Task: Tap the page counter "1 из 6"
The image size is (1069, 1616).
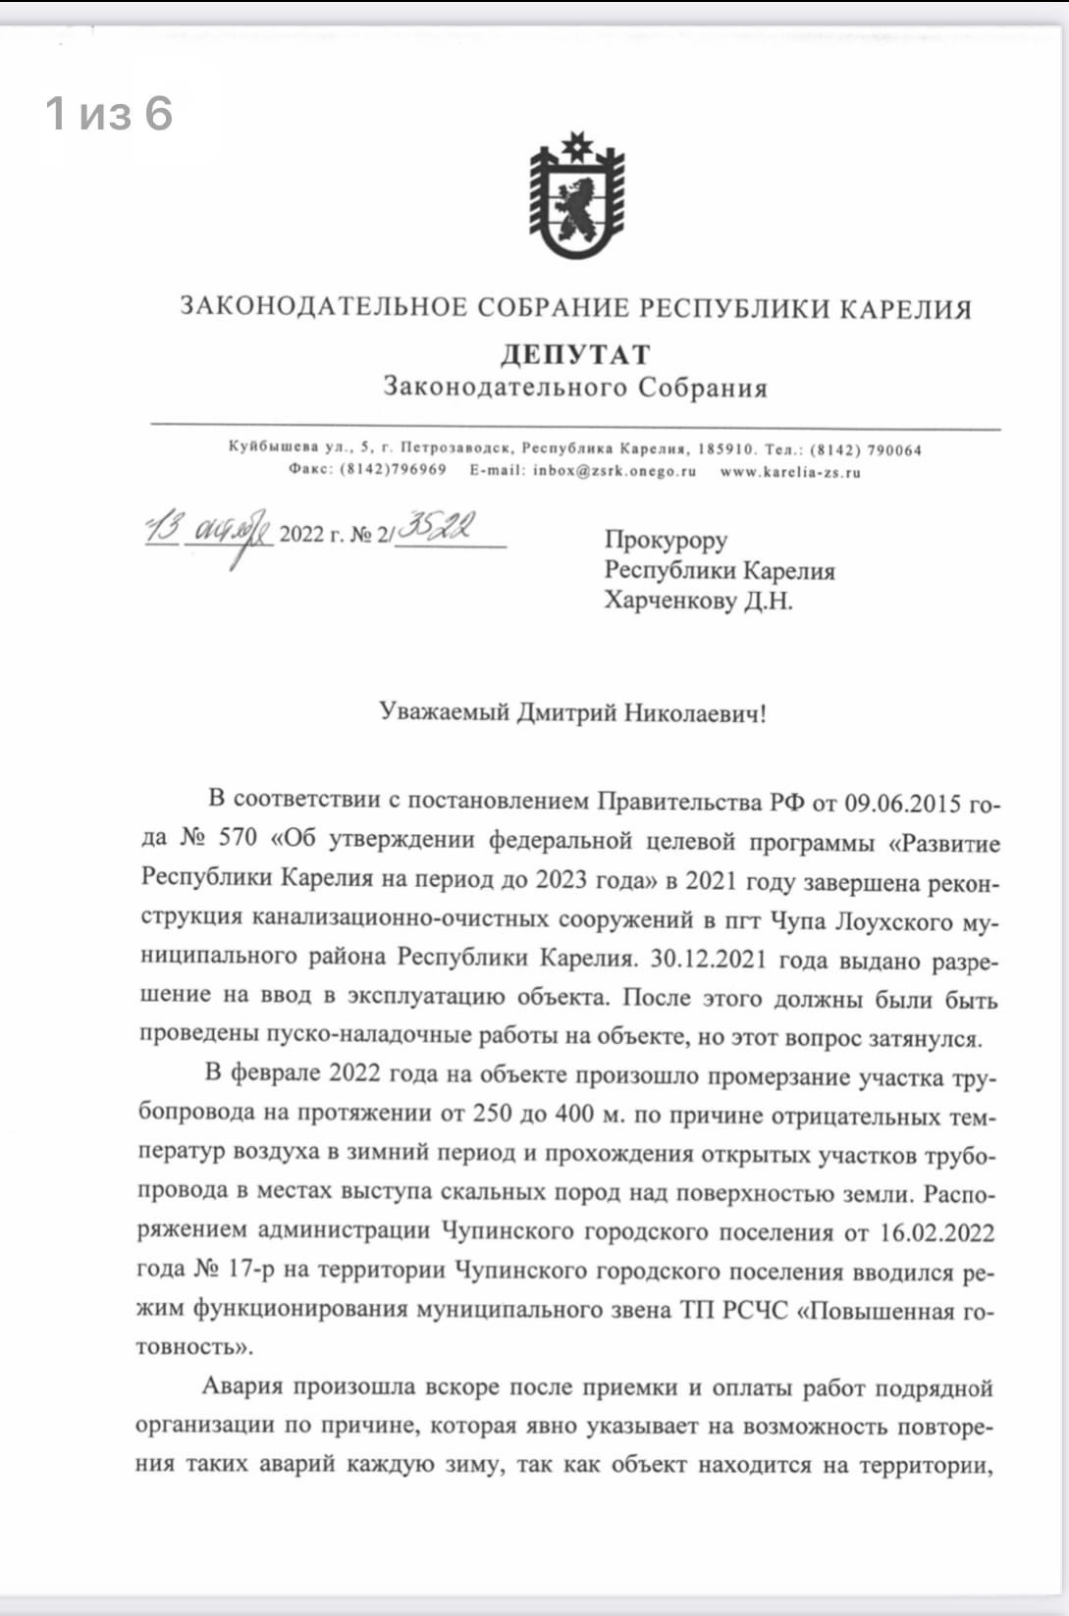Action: point(109,114)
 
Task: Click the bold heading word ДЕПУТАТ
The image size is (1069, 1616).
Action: point(575,354)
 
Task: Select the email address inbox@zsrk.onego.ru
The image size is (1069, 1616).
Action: point(615,471)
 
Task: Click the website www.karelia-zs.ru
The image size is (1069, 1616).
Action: point(790,472)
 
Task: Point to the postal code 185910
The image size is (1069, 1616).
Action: point(726,449)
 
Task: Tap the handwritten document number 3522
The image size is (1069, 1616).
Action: point(439,528)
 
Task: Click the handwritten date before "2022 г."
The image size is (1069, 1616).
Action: point(208,532)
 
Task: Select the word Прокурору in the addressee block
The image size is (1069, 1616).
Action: point(666,540)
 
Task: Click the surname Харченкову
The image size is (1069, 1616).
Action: point(669,599)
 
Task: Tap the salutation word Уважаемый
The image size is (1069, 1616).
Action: point(445,712)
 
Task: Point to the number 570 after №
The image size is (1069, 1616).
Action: point(237,839)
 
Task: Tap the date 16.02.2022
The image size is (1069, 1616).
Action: point(936,1232)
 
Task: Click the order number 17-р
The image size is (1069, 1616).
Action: point(251,1270)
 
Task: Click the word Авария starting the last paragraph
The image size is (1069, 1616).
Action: point(242,1386)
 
